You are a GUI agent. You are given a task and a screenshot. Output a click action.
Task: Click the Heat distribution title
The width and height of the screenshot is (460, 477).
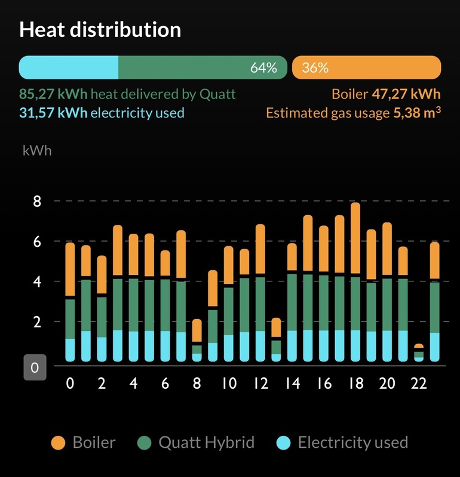[x=100, y=30]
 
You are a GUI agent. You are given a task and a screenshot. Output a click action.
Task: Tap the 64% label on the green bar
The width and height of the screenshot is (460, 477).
[x=263, y=68]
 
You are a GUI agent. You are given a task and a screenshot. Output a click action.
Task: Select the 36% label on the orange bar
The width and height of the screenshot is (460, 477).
[x=315, y=68]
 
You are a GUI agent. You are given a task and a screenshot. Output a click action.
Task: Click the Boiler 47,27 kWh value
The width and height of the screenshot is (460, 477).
[x=406, y=94]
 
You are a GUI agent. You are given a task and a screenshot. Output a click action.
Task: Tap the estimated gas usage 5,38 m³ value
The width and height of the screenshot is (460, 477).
[x=417, y=112]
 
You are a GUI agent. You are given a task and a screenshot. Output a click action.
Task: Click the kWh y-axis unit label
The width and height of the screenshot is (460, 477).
[x=37, y=150]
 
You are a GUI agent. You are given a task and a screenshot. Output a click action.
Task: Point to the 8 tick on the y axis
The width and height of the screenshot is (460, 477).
[x=37, y=202]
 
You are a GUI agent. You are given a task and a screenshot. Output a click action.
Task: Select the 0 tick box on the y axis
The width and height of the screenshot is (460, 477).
[x=35, y=368]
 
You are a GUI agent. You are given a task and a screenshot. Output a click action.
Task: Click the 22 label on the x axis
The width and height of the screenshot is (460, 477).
[x=419, y=384]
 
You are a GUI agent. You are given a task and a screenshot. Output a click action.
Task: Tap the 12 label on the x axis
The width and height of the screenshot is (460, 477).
[x=260, y=384]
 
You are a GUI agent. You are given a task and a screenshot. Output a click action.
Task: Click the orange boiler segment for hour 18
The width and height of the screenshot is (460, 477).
[x=355, y=238]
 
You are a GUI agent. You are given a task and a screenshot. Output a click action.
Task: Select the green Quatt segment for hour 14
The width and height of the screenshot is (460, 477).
[x=292, y=302]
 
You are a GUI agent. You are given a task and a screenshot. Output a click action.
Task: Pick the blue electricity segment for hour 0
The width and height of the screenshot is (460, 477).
[x=70, y=350]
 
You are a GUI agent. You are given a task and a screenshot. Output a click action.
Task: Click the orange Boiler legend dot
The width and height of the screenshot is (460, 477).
[x=58, y=443]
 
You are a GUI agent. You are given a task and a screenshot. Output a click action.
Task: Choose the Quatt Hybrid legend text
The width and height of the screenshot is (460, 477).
[x=206, y=443]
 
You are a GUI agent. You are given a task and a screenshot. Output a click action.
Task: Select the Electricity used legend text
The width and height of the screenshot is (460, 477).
[x=352, y=443]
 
